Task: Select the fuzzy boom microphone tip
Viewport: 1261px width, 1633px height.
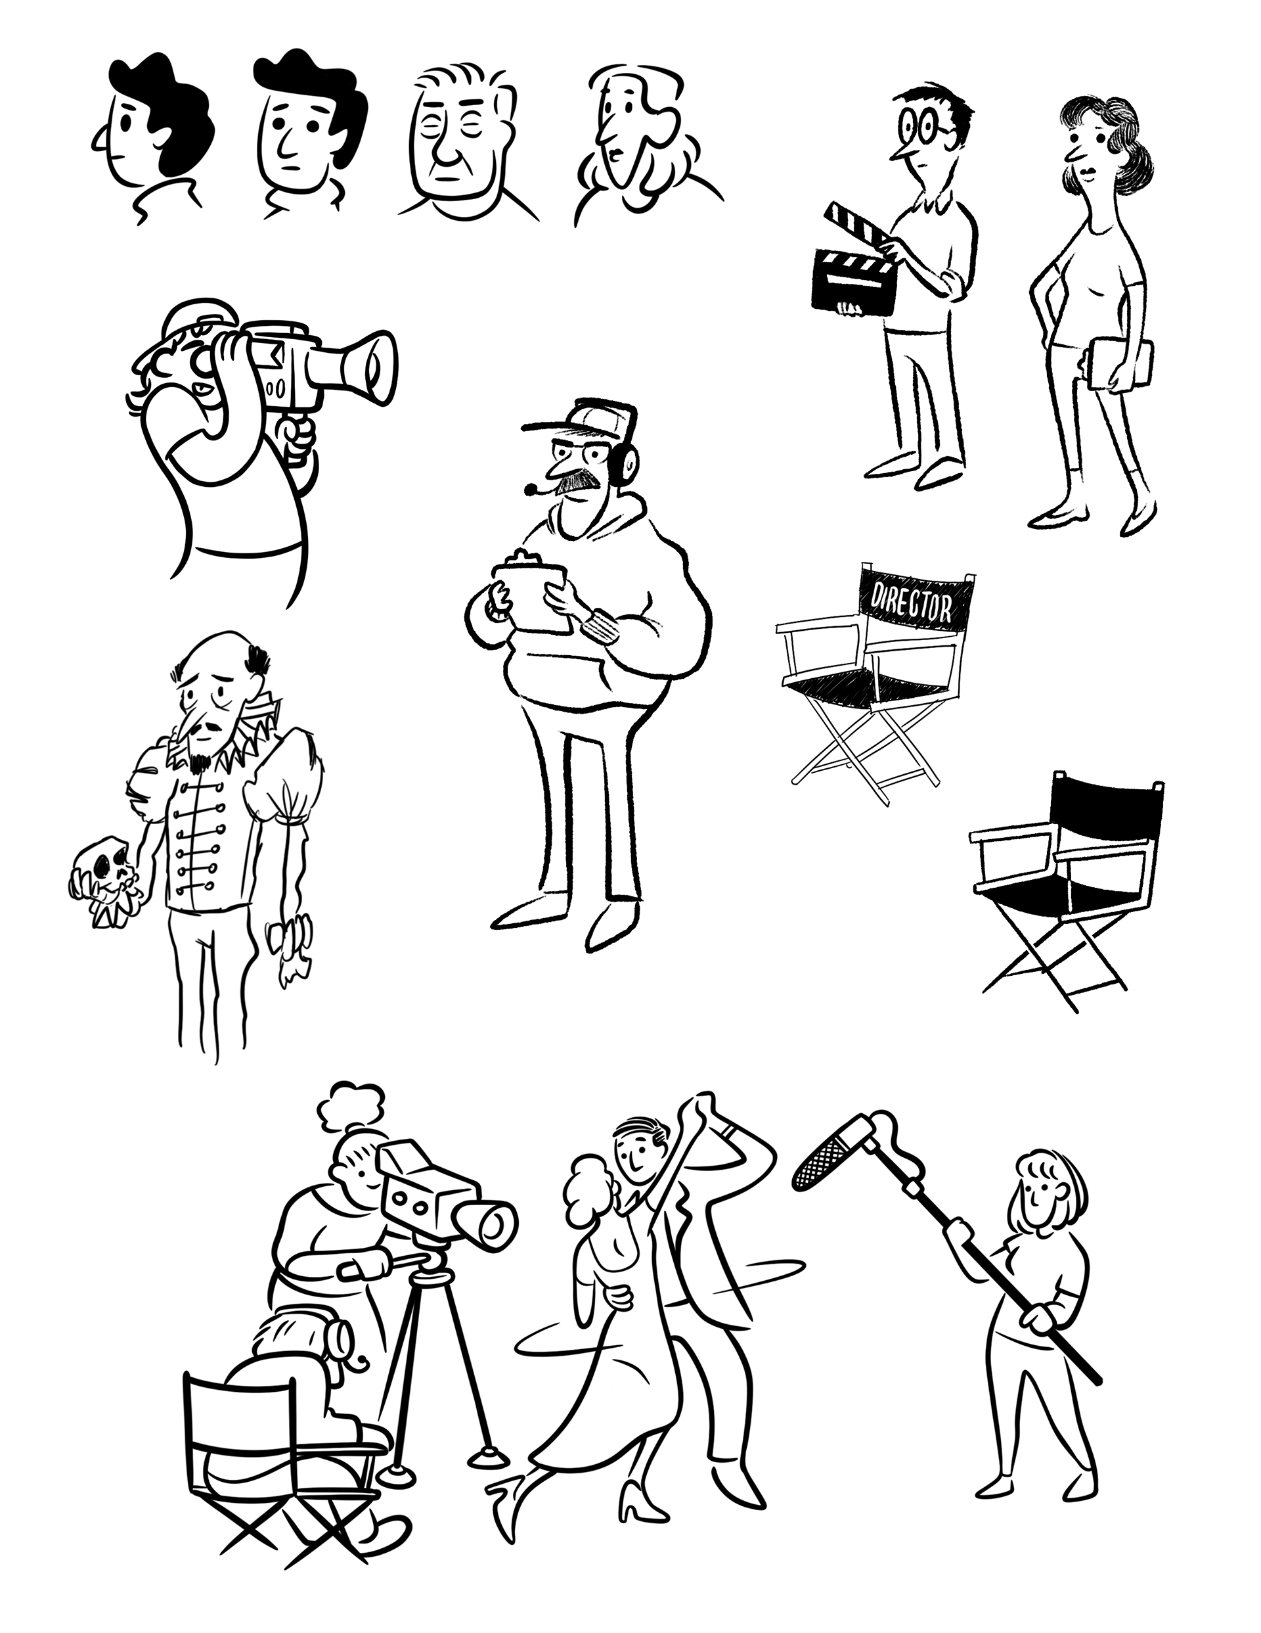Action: click(x=824, y=1166)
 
